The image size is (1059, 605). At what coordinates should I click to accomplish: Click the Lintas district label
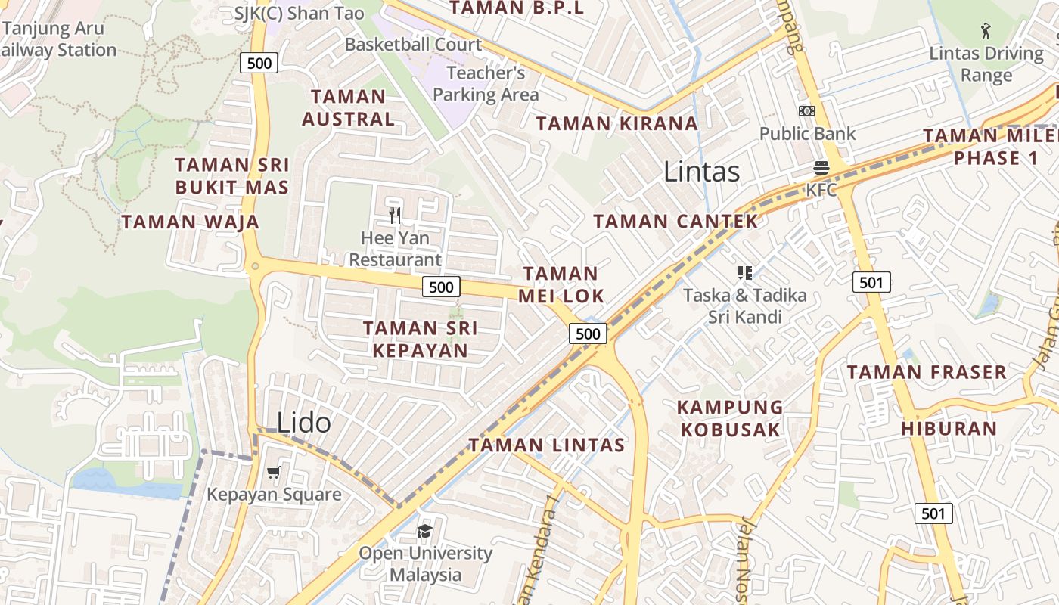click(x=701, y=172)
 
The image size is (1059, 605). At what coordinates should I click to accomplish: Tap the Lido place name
click(x=303, y=422)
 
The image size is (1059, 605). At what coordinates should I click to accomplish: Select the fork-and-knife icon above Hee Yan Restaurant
click(x=394, y=216)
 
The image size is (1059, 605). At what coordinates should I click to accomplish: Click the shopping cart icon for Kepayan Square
click(x=274, y=473)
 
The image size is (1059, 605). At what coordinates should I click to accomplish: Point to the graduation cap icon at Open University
click(x=424, y=530)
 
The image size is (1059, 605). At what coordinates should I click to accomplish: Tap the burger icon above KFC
click(x=821, y=167)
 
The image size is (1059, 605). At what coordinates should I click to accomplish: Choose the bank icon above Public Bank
click(x=807, y=111)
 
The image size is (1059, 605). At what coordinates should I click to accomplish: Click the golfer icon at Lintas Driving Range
click(x=986, y=31)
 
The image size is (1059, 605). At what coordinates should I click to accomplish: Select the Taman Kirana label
click(x=616, y=123)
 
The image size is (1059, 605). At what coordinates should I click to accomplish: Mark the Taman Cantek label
click(x=675, y=222)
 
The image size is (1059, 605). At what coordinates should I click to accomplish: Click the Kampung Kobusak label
click(x=730, y=418)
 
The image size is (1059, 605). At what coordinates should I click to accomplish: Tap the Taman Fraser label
click(x=927, y=372)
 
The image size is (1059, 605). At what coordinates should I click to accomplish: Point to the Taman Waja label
click(x=191, y=222)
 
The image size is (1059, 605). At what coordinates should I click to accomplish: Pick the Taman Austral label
click(x=348, y=107)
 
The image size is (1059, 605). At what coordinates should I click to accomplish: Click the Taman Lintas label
click(x=547, y=445)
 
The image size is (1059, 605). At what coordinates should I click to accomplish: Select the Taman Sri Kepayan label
click(x=420, y=339)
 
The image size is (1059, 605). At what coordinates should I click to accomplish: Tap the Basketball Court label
click(x=413, y=45)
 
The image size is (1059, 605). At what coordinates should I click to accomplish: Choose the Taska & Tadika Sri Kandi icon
click(x=744, y=273)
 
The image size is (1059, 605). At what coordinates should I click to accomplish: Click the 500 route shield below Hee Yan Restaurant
click(x=440, y=287)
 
